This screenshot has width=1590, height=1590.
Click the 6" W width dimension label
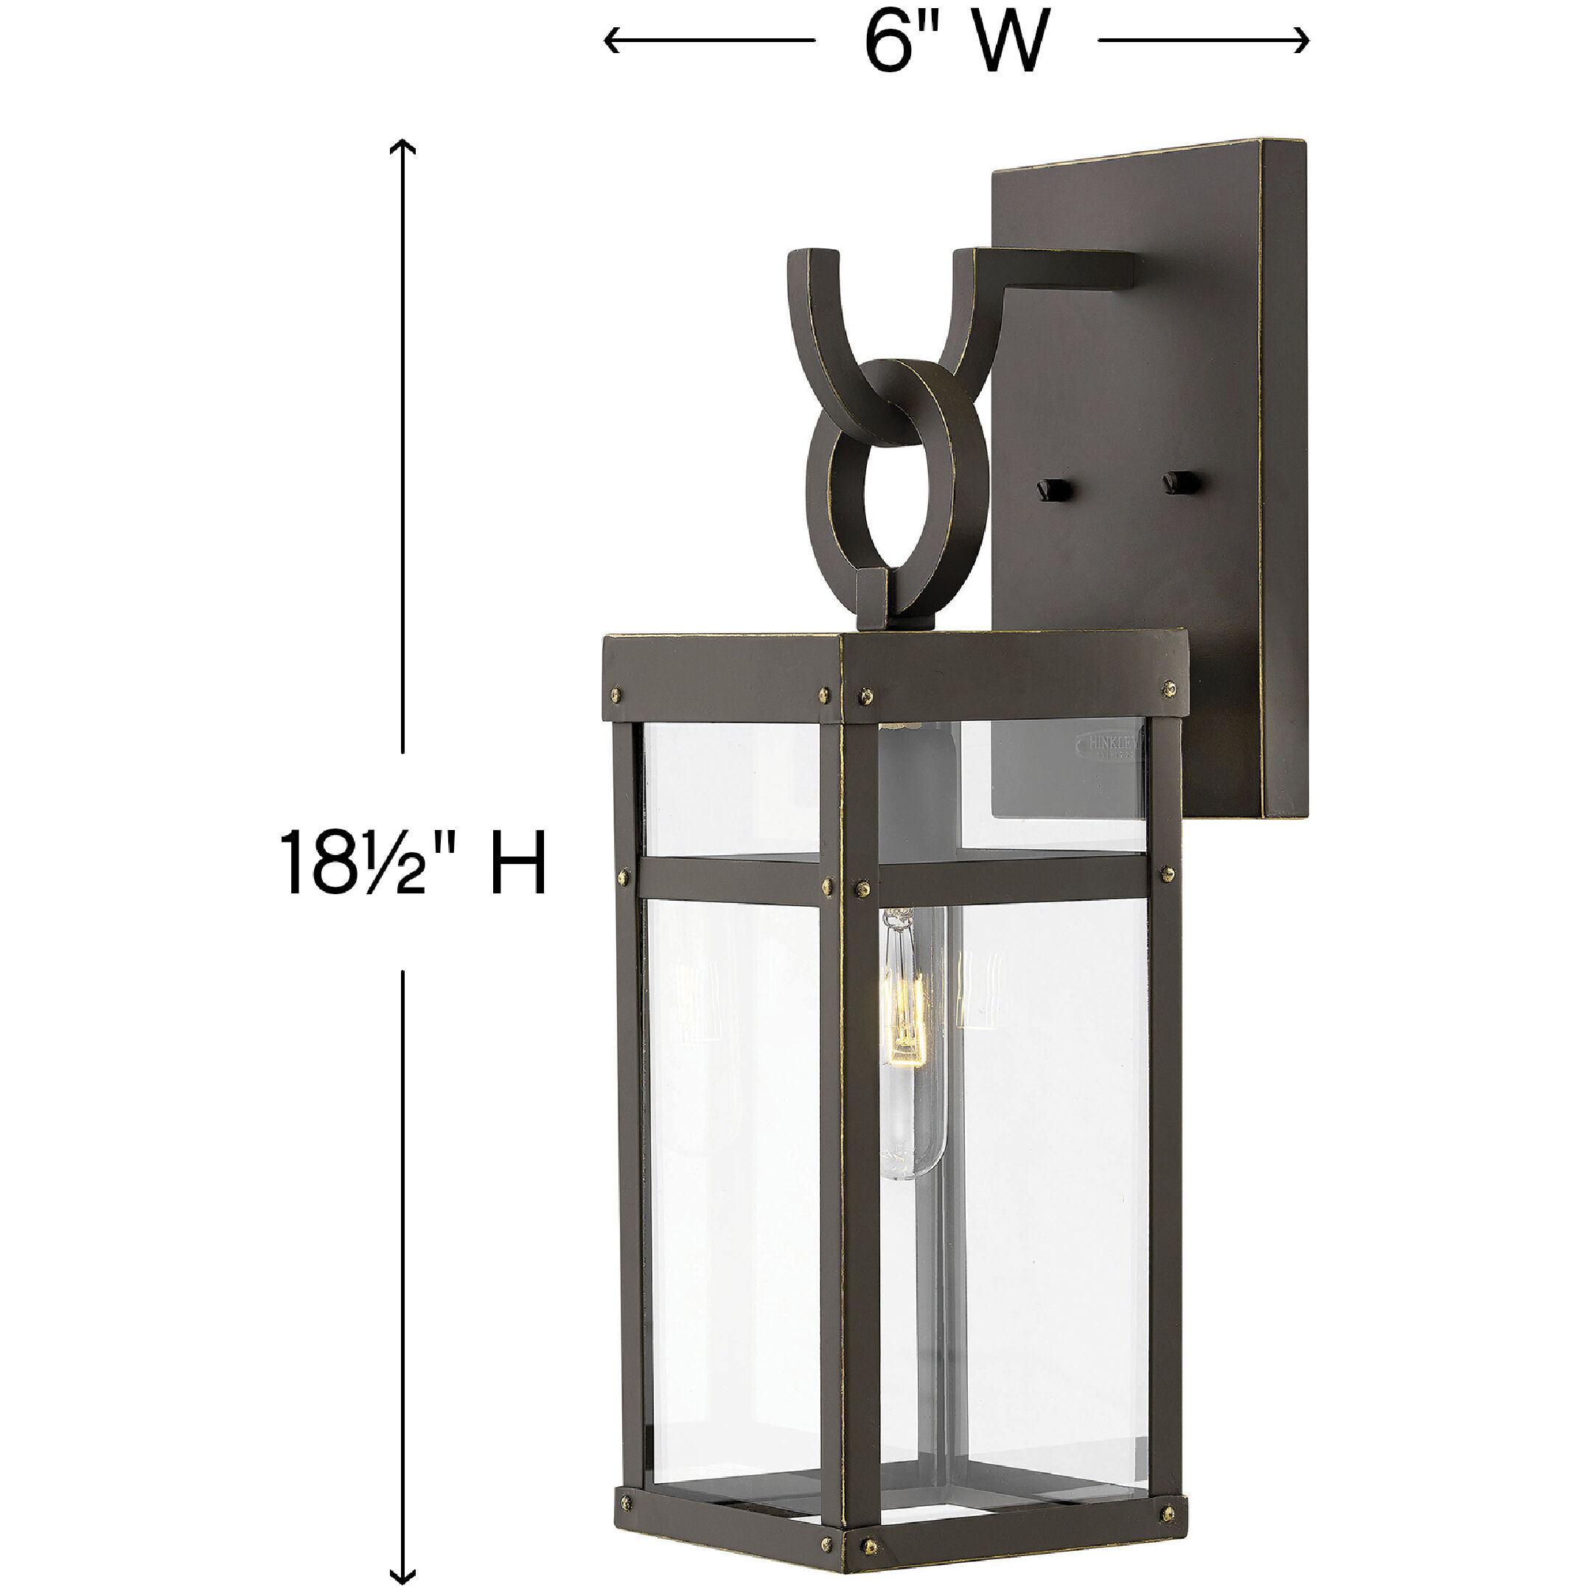tap(956, 41)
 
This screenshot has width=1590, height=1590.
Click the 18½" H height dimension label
tap(412, 862)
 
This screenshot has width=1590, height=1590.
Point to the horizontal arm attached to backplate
tap(1061, 271)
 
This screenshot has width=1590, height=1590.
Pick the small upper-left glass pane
tap(731, 789)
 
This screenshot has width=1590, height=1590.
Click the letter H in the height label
tap(518, 862)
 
